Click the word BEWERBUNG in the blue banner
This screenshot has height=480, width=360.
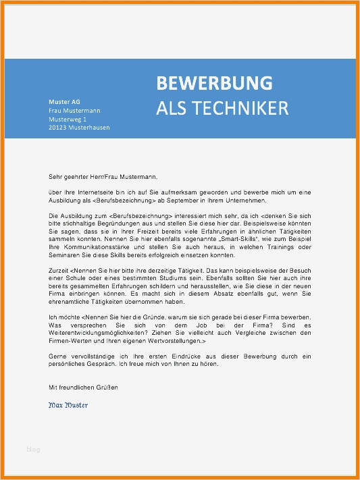pos(214,83)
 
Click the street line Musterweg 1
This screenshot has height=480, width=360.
pos(68,119)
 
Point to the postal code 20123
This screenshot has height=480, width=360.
pos(59,127)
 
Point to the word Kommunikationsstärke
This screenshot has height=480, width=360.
pos(91,246)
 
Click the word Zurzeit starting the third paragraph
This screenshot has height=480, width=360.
pos(59,270)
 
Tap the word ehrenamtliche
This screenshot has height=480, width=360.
pos(70,301)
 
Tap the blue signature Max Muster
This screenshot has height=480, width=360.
pos(68,405)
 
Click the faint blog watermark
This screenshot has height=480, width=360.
pos(33,448)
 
